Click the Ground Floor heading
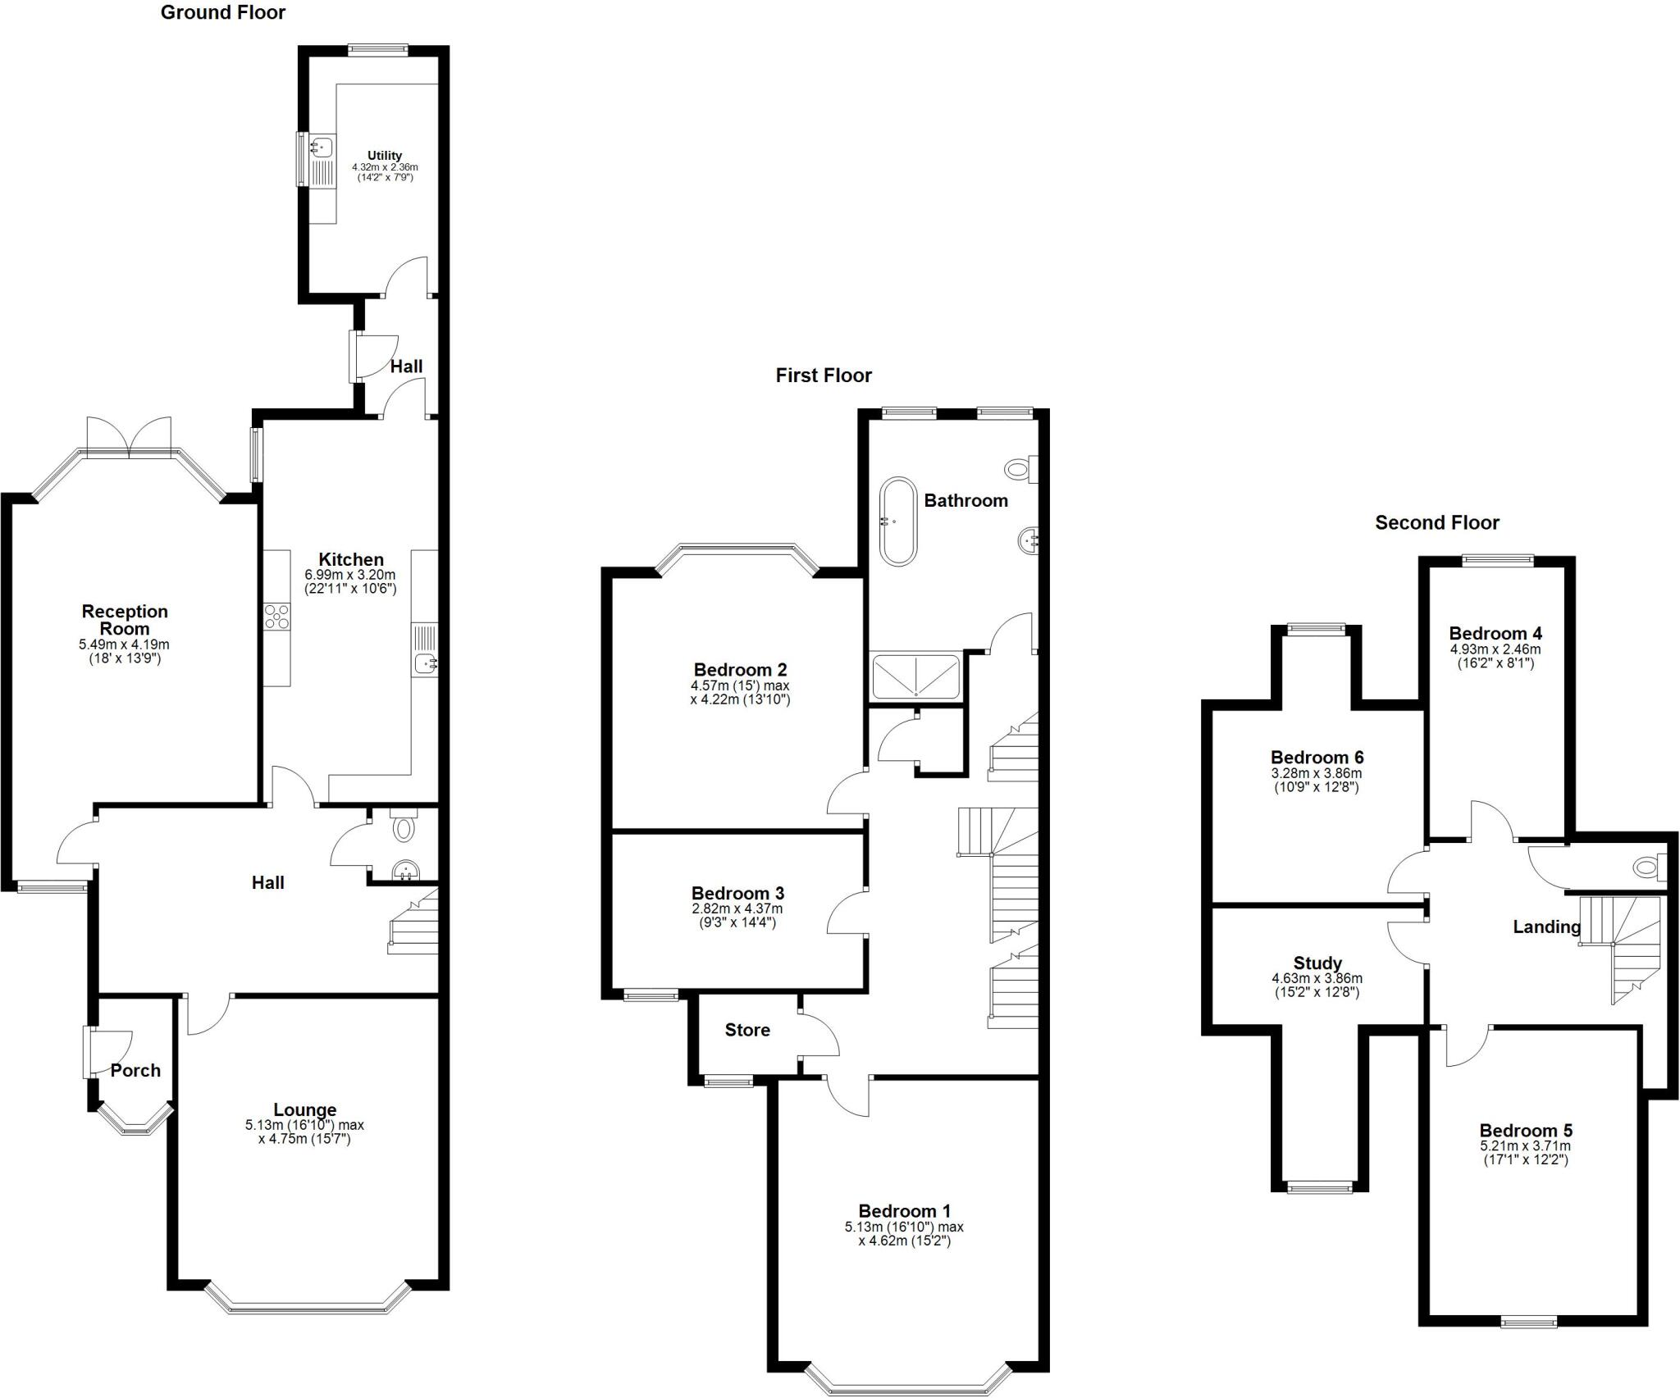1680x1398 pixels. (222, 12)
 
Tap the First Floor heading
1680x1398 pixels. (824, 376)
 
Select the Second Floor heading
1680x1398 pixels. (1436, 522)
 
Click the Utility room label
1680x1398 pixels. (385, 156)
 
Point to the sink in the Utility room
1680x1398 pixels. (321, 148)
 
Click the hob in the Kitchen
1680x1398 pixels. (277, 616)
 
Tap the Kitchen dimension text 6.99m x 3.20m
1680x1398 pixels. (350, 576)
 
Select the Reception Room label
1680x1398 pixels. (125, 620)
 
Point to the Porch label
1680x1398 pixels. (135, 1070)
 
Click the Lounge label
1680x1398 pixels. (304, 1110)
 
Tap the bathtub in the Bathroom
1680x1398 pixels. (898, 521)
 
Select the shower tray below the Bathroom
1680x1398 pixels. (915, 676)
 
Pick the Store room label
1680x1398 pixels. (747, 1030)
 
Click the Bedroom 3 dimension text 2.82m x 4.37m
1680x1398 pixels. (737, 908)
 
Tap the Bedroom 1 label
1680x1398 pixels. (904, 1211)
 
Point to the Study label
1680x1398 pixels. (1317, 963)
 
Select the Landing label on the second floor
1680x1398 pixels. (1546, 927)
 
